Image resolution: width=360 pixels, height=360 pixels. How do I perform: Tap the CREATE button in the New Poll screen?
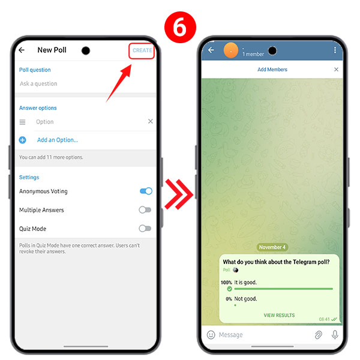[142, 50]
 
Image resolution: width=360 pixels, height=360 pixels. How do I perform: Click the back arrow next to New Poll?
[22, 50]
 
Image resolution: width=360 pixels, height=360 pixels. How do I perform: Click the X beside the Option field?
[150, 122]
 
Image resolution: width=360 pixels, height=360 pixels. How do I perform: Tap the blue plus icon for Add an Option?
[23, 140]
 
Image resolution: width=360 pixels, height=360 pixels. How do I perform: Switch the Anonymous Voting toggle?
[145, 191]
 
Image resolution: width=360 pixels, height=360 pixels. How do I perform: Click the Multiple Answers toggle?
[145, 210]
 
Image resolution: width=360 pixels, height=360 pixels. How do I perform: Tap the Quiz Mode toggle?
[145, 229]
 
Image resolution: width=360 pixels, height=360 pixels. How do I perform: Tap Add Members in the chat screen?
[272, 70]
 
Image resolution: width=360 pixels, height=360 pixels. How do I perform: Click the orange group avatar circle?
[230, 50]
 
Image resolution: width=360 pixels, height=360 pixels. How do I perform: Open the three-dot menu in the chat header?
[335, 50]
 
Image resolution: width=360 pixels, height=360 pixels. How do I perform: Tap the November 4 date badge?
[272, 247]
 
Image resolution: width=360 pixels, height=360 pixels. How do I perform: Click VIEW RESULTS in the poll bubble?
[279, 315]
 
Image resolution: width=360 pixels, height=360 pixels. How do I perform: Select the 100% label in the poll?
[226, 282]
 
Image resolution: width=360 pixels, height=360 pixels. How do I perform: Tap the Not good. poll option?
[246, 298]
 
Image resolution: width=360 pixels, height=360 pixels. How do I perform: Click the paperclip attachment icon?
[318, 335]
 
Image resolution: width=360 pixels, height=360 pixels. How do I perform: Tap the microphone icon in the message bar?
[335, 335]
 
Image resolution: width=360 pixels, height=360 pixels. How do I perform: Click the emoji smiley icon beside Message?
[211, 335]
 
